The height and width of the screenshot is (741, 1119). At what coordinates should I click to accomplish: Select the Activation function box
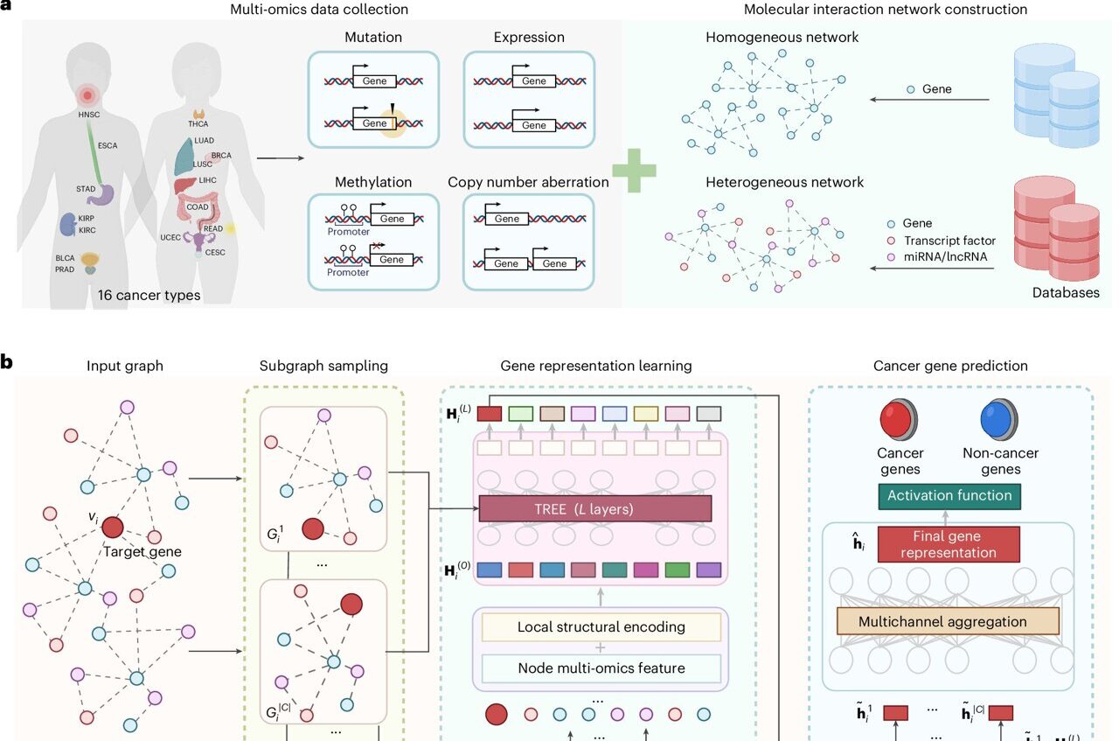(949, 495)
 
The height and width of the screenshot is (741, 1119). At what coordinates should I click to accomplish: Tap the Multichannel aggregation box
(948, 621)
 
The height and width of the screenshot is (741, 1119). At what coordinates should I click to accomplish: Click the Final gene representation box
(948, 544)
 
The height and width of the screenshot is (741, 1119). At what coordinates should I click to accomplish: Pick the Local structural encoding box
(601, 626)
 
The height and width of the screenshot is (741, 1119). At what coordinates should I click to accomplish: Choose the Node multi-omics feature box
(601, 668)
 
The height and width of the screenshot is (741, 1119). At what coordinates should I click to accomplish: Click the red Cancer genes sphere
(901, 419)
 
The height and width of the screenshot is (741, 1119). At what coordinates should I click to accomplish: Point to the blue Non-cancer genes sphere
(999, 419)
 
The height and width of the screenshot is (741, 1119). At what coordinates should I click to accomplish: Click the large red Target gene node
(113, 528)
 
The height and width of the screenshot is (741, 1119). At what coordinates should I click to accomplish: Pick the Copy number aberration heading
(528, 182)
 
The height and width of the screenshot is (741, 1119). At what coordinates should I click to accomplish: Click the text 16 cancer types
(150, 295)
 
